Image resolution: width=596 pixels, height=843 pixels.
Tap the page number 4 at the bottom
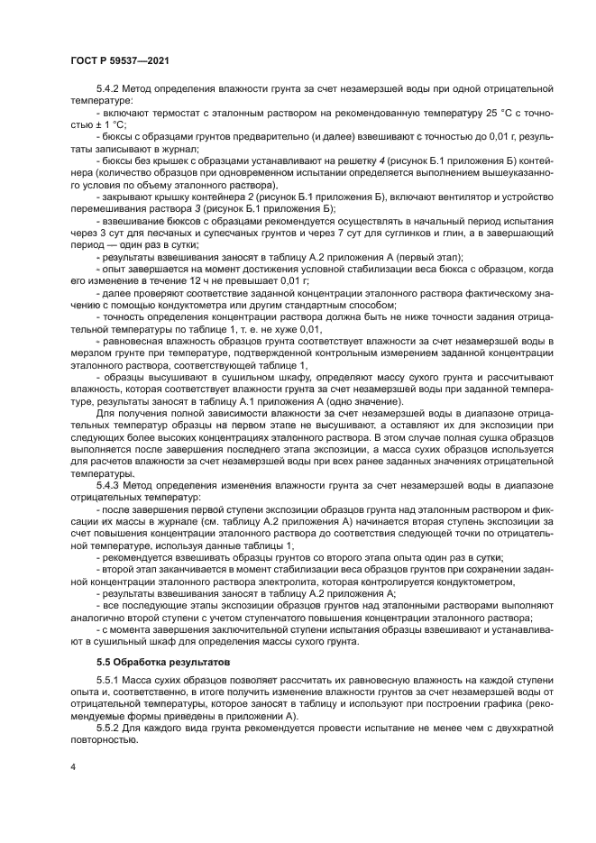point(72,768)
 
